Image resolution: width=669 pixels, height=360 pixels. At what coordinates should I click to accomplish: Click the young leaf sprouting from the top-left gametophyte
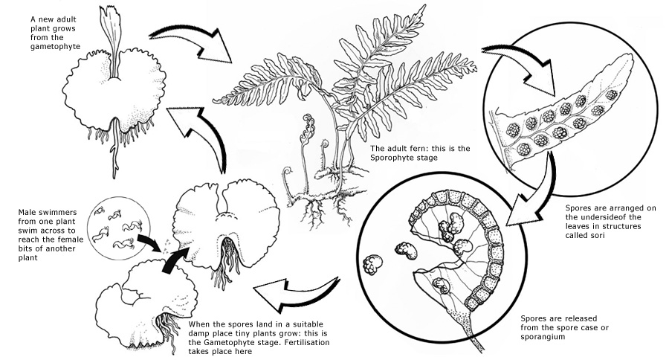coord(115,37)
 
